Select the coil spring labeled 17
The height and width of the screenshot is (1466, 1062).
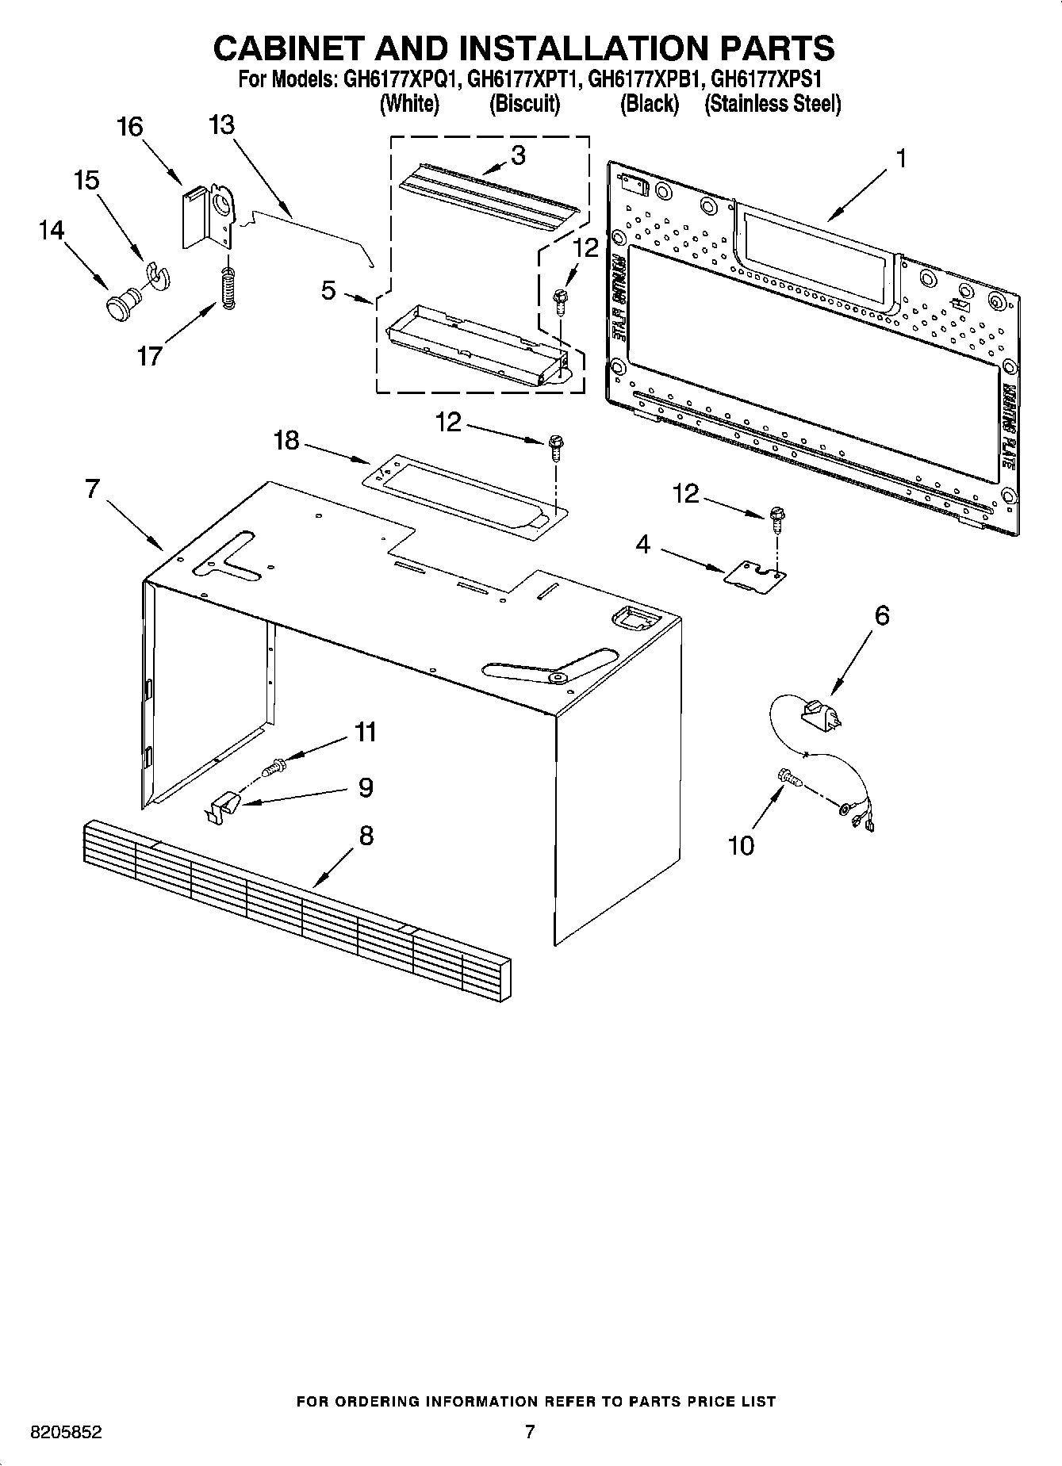click(228, 289)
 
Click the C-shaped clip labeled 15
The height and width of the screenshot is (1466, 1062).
click(159, 275)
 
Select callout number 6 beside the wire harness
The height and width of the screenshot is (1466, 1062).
click(881, 616)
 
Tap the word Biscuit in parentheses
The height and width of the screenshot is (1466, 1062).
click(524, 104)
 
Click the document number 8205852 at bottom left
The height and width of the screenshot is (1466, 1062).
click(66, 1433)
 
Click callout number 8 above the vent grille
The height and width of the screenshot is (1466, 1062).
click(366, 835)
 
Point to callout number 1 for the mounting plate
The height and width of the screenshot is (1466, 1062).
click(900, 159)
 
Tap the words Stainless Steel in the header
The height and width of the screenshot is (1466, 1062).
click(773, 104)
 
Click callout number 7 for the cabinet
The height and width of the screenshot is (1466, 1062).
click(93, 489)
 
